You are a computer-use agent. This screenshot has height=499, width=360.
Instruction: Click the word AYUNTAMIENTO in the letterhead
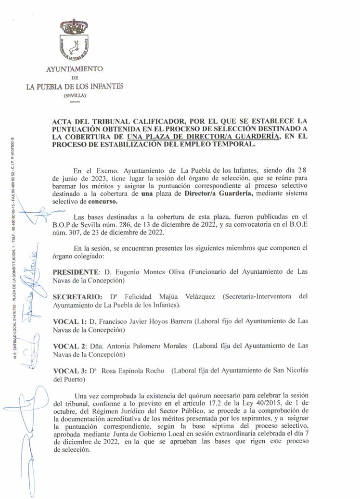click(74, 69)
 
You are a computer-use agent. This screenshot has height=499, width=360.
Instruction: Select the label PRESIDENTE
click(76, 272)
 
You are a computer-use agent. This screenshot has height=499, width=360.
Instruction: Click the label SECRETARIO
click(77, 296)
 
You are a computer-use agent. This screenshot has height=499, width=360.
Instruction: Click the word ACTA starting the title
click(64, 120)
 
